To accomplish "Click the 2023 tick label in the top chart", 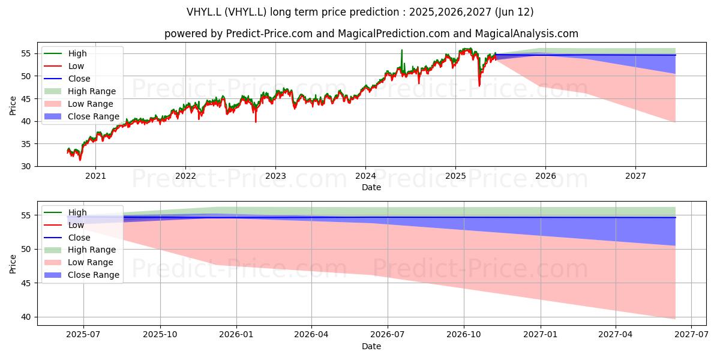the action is (x=275, y=176).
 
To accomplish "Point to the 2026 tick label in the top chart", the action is (x=545, y=176).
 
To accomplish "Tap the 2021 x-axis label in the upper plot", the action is (x=95, y=176).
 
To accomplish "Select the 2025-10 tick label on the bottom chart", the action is (x=160, y=335).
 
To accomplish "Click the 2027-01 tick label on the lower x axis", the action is (x=541, y=335).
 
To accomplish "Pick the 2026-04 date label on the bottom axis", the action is (x=311, y=335).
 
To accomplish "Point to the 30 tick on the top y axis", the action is (x=26, y=167).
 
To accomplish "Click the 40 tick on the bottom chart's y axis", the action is (x=26, y=317).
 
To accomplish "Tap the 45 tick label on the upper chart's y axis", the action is (x=26, y=99).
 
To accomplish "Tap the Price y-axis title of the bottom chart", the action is (x=13, y=264).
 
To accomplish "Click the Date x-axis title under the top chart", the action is (x=371, y=187).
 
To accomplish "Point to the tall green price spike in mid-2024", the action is (x=402, y=61).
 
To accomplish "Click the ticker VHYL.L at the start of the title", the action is (x=204, y=12).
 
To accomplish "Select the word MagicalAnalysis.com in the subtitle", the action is (x=527, y=34).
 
